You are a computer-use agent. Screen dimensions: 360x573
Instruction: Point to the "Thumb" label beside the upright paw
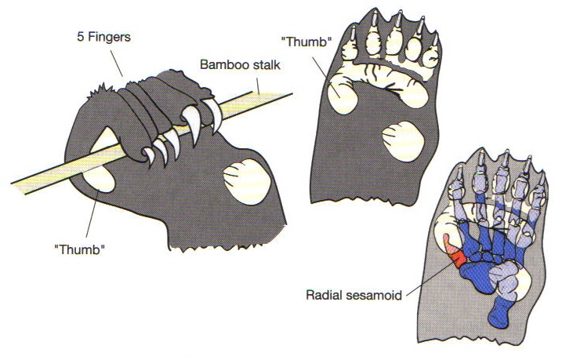tap(304, 42)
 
